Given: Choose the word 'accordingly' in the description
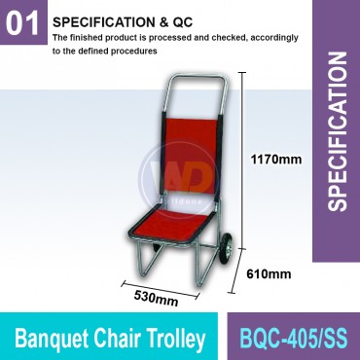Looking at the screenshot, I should tap(267, 36).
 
